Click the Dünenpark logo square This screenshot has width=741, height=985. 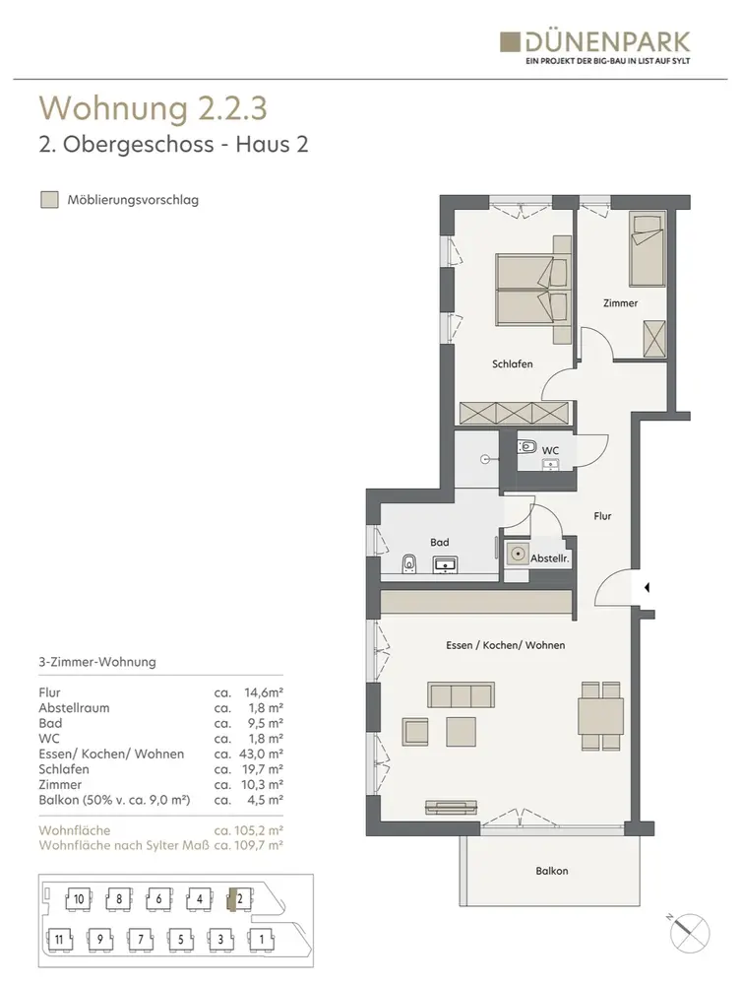[x=510, y=42]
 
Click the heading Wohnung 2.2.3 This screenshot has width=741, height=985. [x=154, y=108]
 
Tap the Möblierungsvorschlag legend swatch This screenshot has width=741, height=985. [x=49, y=200]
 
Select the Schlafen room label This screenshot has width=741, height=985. [x=512, y=363]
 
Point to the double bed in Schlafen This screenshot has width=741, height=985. [x=533, y=290]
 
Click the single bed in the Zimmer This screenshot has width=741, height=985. [x=647, y=249]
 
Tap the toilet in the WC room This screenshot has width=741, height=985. [x=527, y=446]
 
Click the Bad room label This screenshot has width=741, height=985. [x=439, y=542]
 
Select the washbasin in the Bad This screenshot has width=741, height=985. [x=445, y=564]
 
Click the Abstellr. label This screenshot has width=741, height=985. [x=550, y=558]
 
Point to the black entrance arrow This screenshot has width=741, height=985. [x=647, y=588]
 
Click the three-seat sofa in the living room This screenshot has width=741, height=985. [x=462, y=695]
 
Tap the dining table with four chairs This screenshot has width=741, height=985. [x=601, y=716]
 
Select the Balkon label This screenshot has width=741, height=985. [x=551, y=871]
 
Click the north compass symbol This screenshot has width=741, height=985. [x=689, y=932]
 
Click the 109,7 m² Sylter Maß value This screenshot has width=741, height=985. [x=258, y=845]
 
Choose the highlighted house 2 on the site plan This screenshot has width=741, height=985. [x=238, y=899]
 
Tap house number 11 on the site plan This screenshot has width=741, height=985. [x=60, y=939]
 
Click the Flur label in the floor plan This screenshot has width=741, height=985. [x=602, y=516]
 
